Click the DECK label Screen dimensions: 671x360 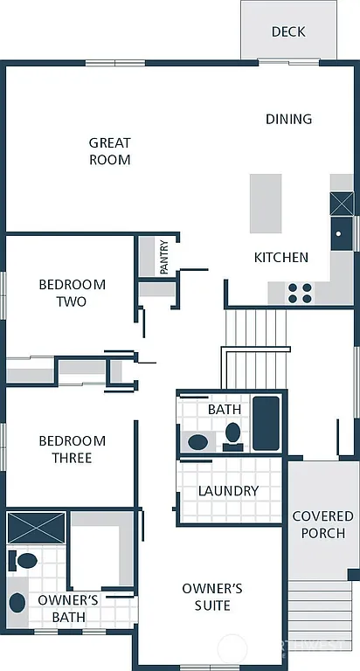(x=288, y=31)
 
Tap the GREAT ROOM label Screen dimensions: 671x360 (x=110, y=151)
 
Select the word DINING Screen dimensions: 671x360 (x=288, y=119)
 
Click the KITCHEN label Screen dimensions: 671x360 (x=280, y=257)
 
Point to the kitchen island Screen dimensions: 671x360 (x=266, y=203)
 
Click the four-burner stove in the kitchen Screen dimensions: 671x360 (x=300, y=293)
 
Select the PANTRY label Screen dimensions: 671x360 (x=163, y=259)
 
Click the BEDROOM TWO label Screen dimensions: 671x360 (x=72, y=293)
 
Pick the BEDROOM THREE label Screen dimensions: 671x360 (x=72, y=449)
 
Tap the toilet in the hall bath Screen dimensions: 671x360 (x=232, y=432)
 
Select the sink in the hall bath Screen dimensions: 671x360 (x=198, y=441)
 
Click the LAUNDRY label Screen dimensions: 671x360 (x=228, y=491)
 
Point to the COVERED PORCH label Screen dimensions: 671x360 (x=322, y=524)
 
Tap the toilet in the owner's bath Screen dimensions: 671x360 (x=25, y=559)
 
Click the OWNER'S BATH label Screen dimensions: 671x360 (x=67, y=609)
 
